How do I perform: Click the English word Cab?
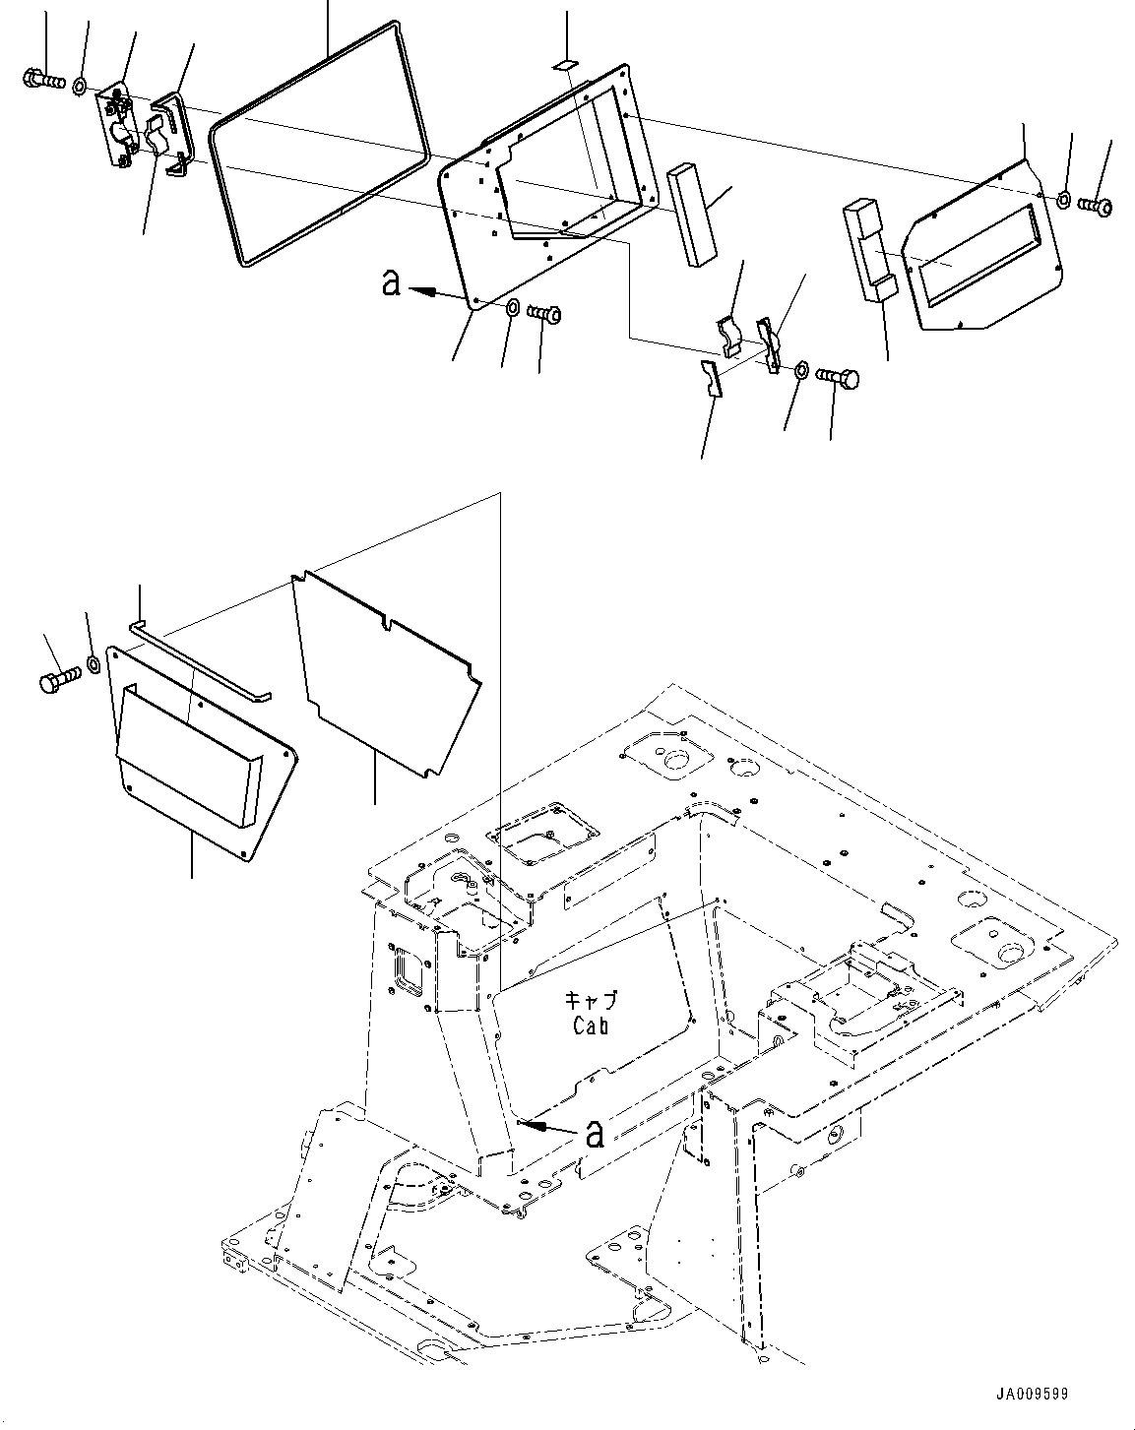[x=591, y=1026]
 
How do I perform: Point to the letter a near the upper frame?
[x=391, y=284]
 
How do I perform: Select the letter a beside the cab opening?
[x=595, y=1135]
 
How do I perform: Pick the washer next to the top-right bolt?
[x=1065, y=201]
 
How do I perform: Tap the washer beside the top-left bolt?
[x=79, y=85]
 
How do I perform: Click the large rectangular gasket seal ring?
[x=320, y=143]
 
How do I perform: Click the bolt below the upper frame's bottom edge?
[x=544, y=315]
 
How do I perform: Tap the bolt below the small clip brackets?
[x=837, y=377]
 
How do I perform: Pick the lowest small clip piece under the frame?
[x=712, y=379]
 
